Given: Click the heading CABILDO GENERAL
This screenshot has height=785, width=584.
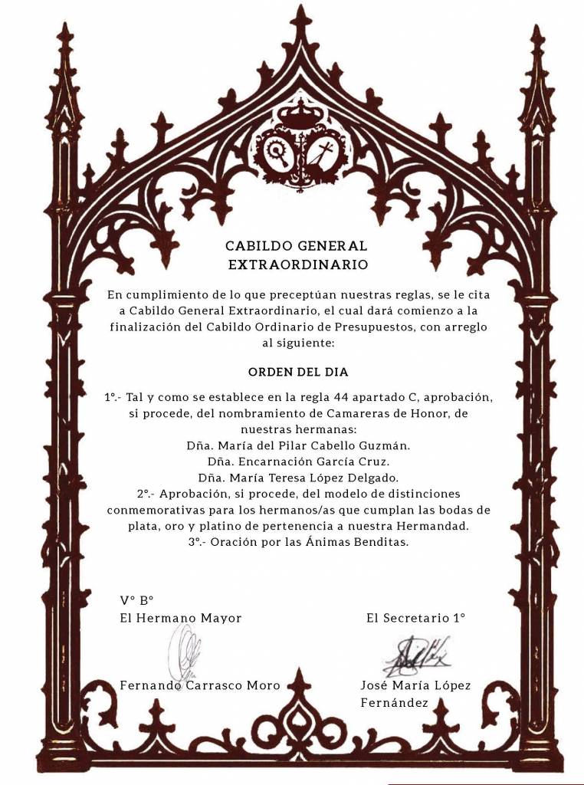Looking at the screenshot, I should tap(296, 246).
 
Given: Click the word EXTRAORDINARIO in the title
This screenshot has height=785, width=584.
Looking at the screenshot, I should tap(298, 265).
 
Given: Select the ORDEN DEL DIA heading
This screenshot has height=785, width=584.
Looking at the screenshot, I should tap(298, 372).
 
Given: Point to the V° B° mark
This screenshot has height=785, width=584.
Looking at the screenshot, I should tap(137, 600).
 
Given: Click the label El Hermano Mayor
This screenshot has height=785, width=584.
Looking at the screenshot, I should tap(180, 618).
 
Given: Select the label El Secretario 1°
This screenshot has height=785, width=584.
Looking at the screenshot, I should tap(415, 617).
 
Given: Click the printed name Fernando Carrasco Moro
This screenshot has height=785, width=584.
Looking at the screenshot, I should tap(199, 685).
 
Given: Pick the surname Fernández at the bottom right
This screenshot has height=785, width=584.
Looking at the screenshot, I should tap(394, 701).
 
